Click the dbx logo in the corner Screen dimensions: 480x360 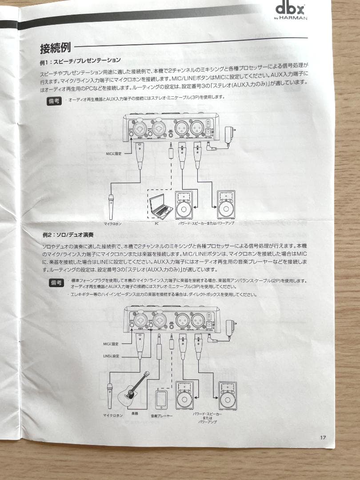click(x=290, y=8)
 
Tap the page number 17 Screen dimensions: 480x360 click(x=323, y=437)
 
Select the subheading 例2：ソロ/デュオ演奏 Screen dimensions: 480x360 click(x=67, y=234)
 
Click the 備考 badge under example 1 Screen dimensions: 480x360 click(x=54, y=101)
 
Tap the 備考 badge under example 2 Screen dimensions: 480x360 click(x=56, y=283)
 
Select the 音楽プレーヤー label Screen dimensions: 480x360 click(x=161, y=416)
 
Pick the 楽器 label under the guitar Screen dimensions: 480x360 click(x=134, y=413)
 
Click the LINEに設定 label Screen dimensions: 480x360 click(x=112, y=356)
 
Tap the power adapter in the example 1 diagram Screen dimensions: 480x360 click(x=228, y=134)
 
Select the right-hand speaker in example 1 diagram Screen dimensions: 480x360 click(x=226, y=204)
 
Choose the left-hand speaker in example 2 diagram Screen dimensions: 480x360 click(x=184, y=395)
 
